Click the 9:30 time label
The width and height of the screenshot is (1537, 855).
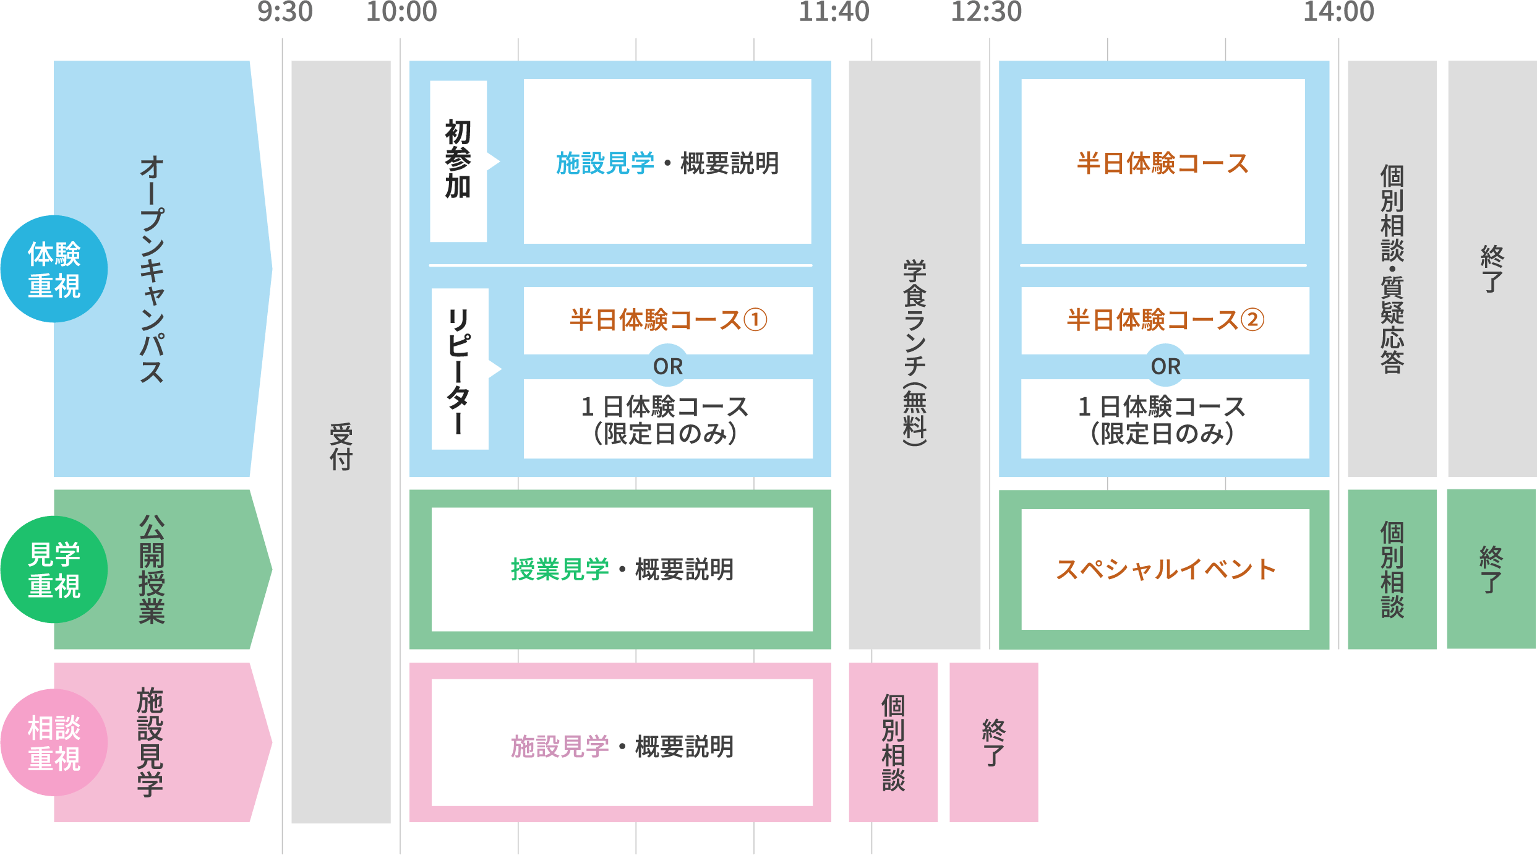(285, 12)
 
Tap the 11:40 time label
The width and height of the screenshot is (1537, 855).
(834, 12)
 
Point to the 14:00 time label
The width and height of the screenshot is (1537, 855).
(1338, 12)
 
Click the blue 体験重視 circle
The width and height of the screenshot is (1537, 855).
(54, 269)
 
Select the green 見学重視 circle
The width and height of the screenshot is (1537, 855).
(54, 569)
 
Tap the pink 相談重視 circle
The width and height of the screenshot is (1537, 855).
(54, 742)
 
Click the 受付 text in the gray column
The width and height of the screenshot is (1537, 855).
(341, 447)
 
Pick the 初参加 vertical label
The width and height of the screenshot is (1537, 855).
(458, 160)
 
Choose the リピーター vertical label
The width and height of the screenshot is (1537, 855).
(460, 369)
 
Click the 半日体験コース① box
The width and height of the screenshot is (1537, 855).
(668, 320)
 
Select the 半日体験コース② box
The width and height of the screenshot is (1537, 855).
(1165, 320)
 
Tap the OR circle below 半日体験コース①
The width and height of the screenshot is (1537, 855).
(668, 366)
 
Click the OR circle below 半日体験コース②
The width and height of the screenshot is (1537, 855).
(1165, 366)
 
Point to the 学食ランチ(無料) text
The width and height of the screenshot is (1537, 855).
(914, 353)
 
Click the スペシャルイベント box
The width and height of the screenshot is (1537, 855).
(1165, 569)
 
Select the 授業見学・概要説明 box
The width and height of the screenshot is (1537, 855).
(622, 569)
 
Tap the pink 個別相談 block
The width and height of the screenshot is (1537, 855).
(893, 742)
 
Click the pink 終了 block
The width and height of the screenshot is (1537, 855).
(993, 742)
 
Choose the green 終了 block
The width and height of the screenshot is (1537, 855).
(1491, 569)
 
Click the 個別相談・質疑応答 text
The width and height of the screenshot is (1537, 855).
(1392, 269)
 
